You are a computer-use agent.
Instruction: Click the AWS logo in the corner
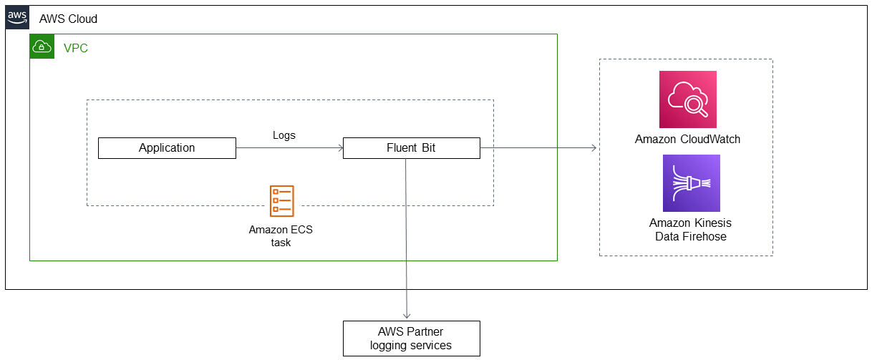point(18,17)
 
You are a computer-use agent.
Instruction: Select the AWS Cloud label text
point(68,19)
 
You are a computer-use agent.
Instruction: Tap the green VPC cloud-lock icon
point(42,47)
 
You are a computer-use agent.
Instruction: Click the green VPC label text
point(76,48)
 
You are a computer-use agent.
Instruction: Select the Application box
point(167,148)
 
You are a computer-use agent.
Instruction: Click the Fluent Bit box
point(411,148)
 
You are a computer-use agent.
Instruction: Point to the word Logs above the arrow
point(284,135)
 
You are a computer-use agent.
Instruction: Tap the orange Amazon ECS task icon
point(281,201)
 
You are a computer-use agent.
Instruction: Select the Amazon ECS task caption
point(281,236)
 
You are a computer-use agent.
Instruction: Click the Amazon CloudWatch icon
point(687,99)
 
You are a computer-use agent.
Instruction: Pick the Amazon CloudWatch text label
point(687,139)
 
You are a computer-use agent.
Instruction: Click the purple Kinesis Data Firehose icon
point(691,183)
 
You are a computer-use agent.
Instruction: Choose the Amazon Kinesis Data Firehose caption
point(690,230)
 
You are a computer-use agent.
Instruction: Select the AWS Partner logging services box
point(411,339)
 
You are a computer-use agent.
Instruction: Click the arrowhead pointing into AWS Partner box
point(407,316)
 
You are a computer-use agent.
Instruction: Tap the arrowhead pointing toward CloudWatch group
point(594,148)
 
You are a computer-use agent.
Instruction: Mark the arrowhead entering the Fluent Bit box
point(339,148)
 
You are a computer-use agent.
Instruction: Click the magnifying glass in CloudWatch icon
point(694,105)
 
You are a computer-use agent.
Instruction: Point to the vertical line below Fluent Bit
point(407,236)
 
